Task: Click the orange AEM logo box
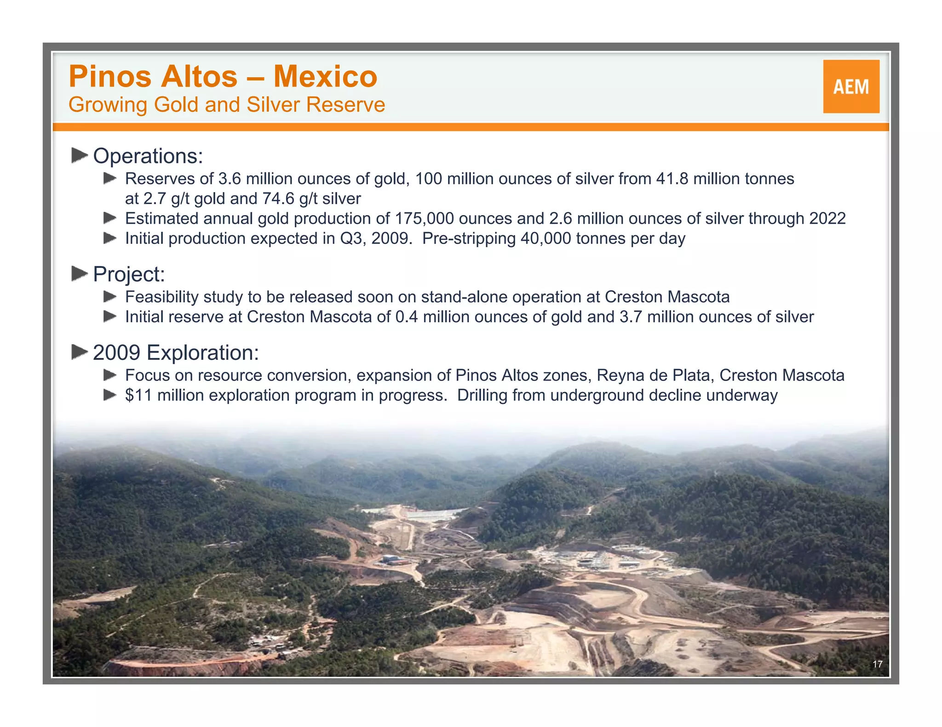[851, 86]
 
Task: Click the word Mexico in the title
[325, 76]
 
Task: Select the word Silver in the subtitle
[273, 105]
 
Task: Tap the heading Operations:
[148, 156]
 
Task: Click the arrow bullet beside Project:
[80, 273]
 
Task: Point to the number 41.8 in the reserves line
[672, 179]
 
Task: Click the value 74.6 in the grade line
[278, 199]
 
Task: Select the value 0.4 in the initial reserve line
[407, 317]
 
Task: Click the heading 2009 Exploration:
[176, 353]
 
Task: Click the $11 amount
[138, 396]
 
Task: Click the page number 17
[877, 664]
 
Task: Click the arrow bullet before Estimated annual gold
[110, 218]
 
